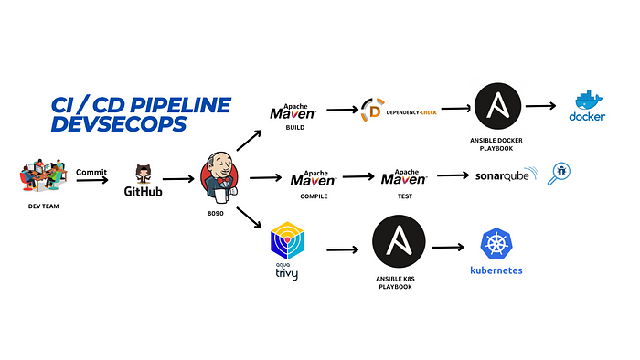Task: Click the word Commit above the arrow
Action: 91,171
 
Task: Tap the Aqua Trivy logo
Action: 286,245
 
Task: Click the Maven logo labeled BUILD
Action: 293,111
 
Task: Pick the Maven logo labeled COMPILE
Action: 315,176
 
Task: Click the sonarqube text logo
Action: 505,176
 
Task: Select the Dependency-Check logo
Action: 397,110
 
